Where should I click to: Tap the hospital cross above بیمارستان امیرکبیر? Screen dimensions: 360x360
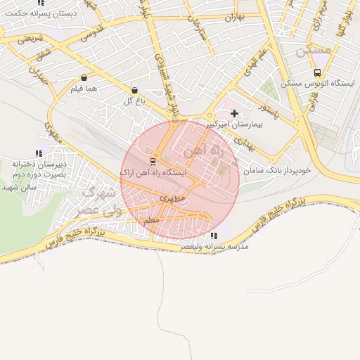coord(234,112)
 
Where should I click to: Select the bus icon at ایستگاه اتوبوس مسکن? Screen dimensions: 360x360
coord(317,72)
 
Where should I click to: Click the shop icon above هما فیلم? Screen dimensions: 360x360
coord(84,78)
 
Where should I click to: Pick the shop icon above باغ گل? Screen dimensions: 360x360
coord(134,90)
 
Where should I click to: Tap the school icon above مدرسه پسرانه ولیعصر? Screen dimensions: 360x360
coord(214,236)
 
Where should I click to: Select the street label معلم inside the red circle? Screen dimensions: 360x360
coord(151,221)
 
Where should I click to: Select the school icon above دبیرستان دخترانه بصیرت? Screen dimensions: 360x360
coord(39,153)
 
